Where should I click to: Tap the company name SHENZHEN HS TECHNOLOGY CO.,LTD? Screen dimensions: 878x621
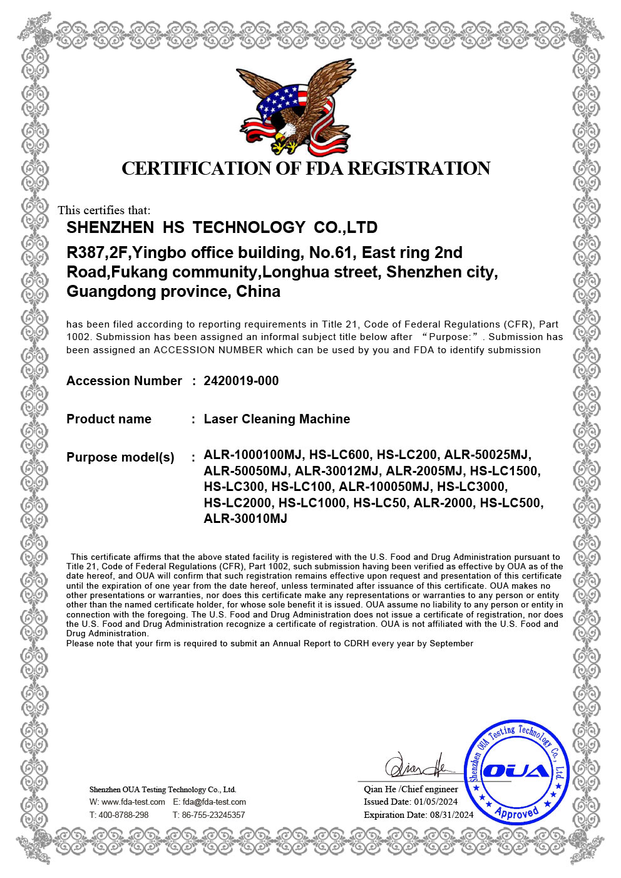(x=222, y=227)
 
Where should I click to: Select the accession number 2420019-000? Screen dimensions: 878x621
(x=241, y=381)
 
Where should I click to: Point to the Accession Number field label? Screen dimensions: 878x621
(x=124, y=381)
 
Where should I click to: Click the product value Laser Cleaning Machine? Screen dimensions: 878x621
(x=277, y=419)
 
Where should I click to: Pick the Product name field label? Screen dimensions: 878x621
(x=109, y=419)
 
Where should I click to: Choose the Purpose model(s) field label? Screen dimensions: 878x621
(x=120, y=457)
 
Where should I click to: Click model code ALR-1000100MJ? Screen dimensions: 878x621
(x=253, y=455)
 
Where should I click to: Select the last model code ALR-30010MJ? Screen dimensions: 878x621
(x=245, y=519)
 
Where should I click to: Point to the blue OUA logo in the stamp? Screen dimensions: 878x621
(x=516, y=771)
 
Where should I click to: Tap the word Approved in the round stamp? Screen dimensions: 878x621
(x=516, y=812)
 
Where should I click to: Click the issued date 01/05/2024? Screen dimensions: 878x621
(x=436, y=802)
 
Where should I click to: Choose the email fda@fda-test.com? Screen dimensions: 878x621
(x=214, y=802)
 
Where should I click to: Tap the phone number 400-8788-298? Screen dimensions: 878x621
(x=123, y=815)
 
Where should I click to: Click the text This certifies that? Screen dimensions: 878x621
(x=104, y=210)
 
